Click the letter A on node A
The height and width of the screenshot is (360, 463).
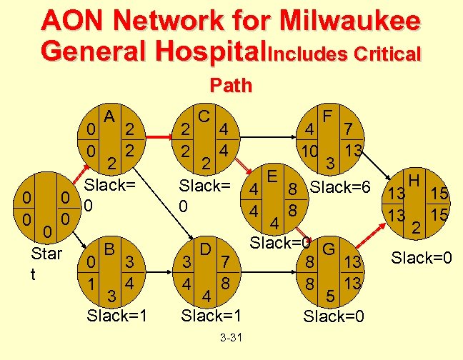[109, 115]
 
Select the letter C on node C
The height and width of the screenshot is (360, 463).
[204, 115]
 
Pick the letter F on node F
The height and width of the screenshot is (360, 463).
[329, 115]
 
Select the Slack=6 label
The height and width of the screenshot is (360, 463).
[340, 188]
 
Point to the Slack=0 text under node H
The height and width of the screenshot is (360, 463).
[422, 255]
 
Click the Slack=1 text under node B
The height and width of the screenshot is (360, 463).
[117, 314]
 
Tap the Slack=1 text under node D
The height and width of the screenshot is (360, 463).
[211, 314]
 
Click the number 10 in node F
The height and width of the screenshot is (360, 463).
[310, 152]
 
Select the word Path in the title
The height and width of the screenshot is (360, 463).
[231, 86]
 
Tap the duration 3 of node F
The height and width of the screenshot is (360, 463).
[330, 163]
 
